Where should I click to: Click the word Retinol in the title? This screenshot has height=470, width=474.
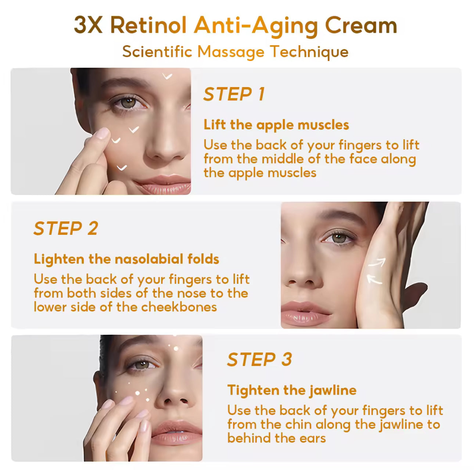(148, 25)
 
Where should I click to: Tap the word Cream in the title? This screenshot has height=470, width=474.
(361, 25)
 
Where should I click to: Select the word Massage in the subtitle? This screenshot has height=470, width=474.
(231, 53)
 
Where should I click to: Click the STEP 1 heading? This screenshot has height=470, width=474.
(234, 94)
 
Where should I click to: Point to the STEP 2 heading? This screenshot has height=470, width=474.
(66, 228)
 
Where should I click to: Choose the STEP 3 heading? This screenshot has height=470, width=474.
(259, 359)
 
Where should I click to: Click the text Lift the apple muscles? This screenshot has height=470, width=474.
(276, 125)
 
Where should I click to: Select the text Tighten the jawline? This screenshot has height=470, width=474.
(292, 390)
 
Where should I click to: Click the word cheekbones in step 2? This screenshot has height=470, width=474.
(179, 307)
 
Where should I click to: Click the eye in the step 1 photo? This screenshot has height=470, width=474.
(128, 103)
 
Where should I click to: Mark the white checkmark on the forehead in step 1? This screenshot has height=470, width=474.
(167, 76)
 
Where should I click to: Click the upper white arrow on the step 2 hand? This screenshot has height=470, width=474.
(377, 263)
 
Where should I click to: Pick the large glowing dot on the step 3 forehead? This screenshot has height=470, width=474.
(176, 348)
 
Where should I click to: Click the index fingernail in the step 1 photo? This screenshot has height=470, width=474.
(103, 133)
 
